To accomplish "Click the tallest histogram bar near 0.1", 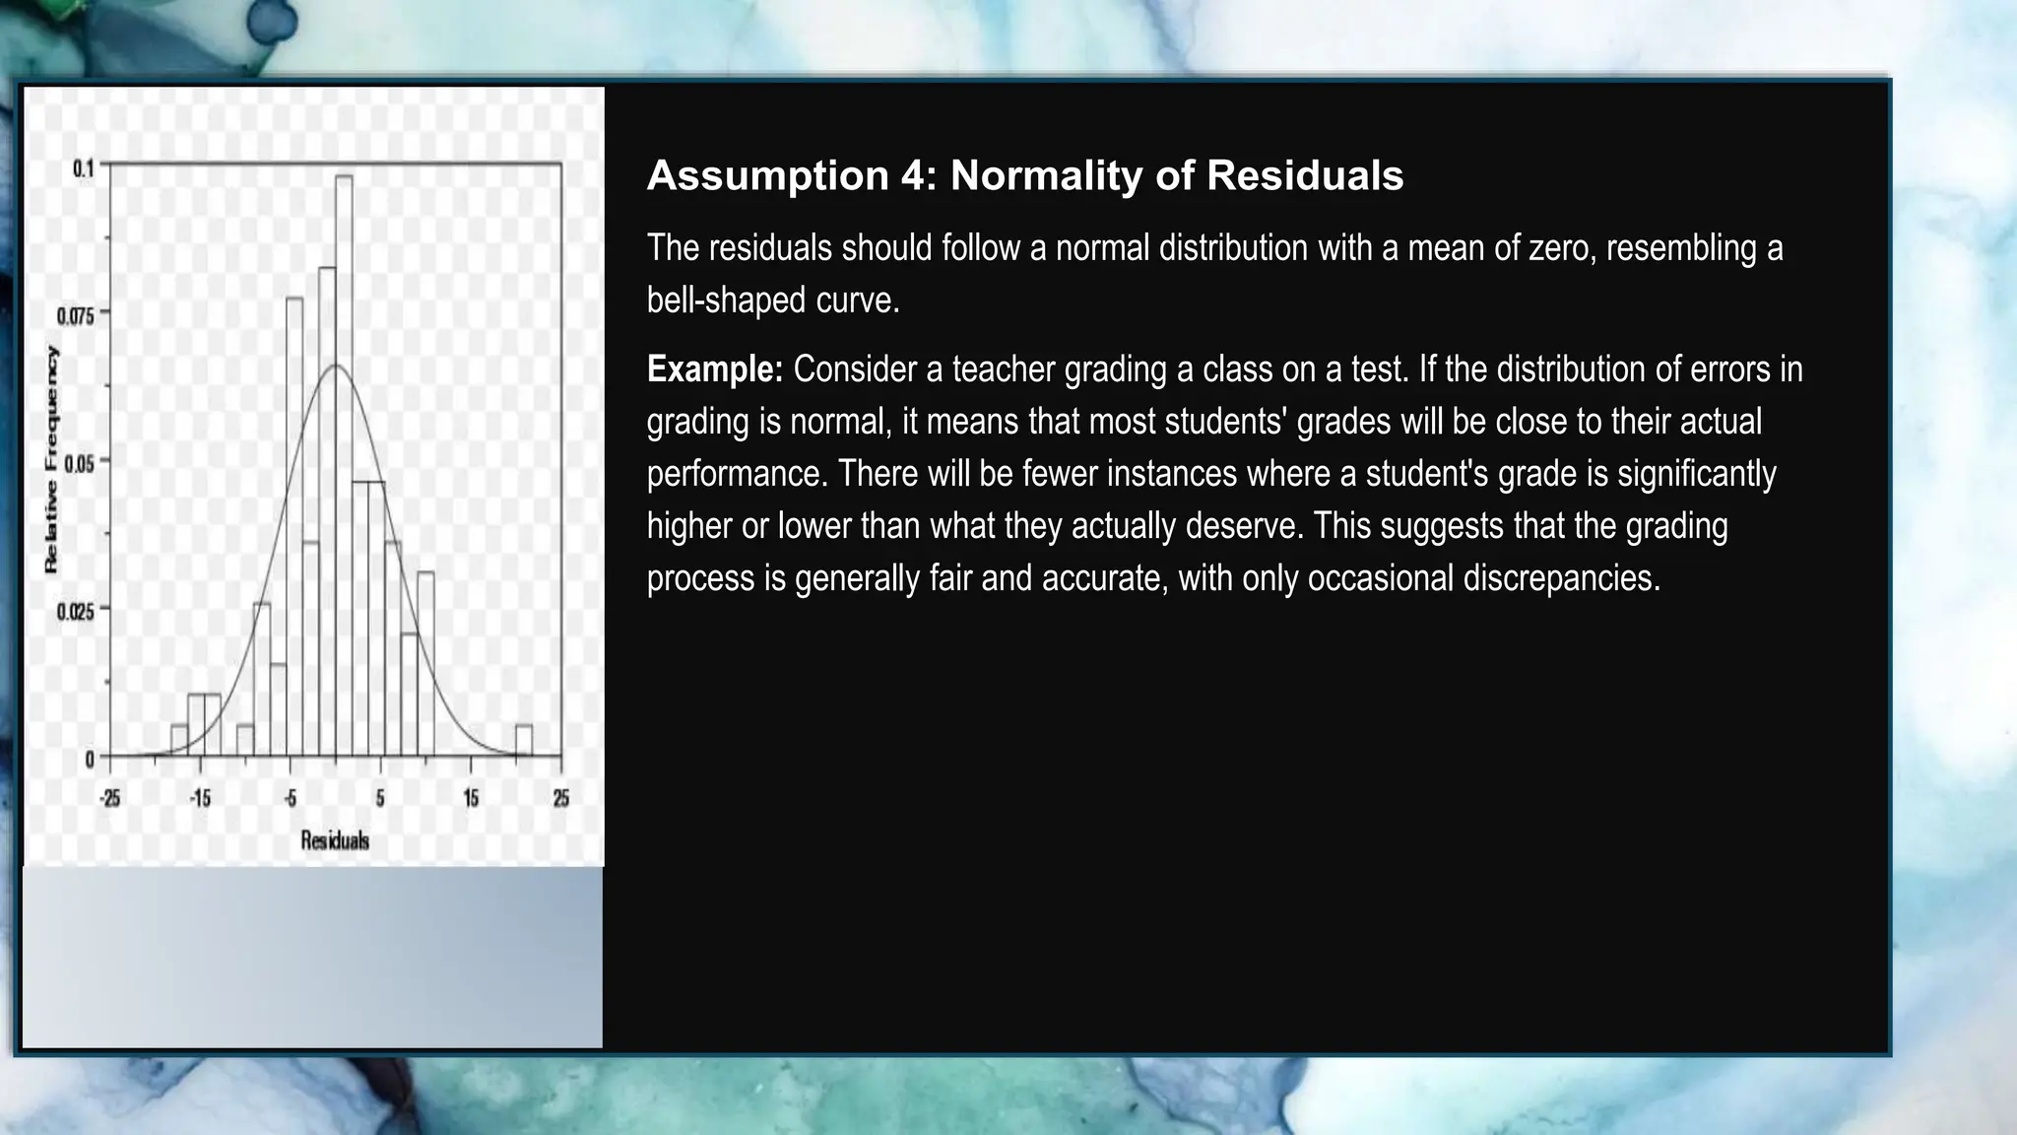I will (x=344, y=463).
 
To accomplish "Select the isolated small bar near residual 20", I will (x=524, y=741).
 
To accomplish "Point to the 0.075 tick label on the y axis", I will (x=76, y=315).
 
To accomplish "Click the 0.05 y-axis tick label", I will (x=80, y=463).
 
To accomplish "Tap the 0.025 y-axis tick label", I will (x=76, y=611).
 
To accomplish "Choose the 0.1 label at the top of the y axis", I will (x=84, y=168).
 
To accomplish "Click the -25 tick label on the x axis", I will (x=109, y=798).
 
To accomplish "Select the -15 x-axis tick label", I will (x=200, y=798).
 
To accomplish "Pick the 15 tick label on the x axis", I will (x=471, y=798).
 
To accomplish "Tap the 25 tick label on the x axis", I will (x=560, y=798).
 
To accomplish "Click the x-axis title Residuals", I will (x=335, y=840).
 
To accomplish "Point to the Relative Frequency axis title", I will (x=51, y=460).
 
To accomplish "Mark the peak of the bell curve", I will (x=335, y=367).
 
